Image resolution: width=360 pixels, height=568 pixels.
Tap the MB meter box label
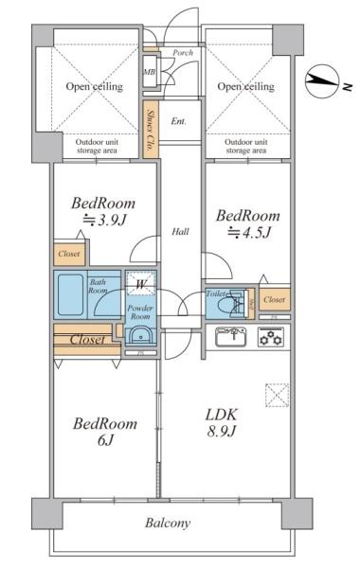(150, 72)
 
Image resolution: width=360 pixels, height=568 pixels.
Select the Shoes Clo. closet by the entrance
(151, 130)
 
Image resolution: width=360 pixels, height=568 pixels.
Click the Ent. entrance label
(178, 121)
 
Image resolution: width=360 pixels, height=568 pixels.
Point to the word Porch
(183, 53)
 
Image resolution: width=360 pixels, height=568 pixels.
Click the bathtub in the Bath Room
(70, 294)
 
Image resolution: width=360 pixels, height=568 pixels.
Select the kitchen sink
(231, 337)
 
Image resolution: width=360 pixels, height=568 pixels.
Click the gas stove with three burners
(271, 337)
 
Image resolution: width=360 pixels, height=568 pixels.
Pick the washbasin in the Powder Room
(140, 336)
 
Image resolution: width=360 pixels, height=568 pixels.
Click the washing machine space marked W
(140, 284)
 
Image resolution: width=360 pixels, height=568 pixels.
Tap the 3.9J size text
(104, 220)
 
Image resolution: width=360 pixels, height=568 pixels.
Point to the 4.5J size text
(249, 232)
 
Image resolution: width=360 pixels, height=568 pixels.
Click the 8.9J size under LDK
(222, 431)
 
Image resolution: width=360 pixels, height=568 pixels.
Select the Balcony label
(168, 523)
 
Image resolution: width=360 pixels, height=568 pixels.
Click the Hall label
(180, 231)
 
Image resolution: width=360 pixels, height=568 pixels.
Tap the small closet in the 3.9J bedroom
(69, 254)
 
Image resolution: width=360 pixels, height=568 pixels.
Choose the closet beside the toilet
(275, 299)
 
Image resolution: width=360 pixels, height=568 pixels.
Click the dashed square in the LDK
(277, 395)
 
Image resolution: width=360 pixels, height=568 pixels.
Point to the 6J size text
(106, 440)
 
